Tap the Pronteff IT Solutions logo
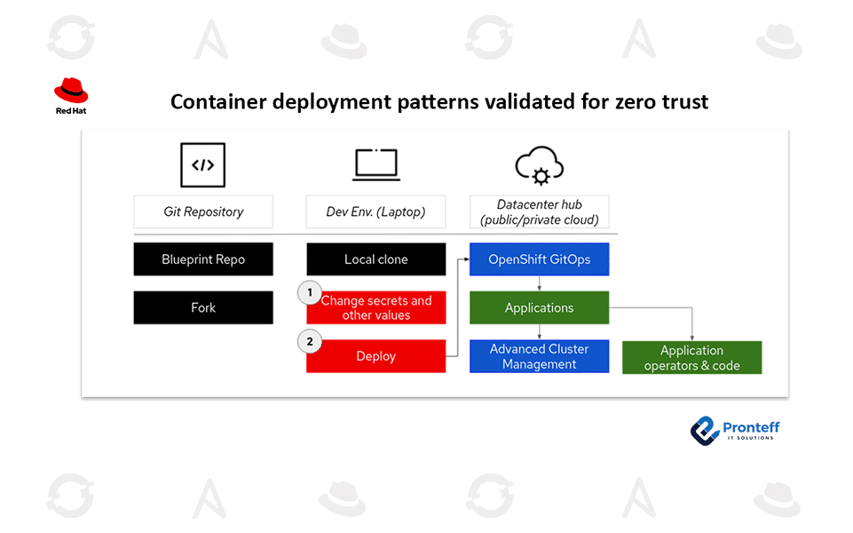tap(735, 431)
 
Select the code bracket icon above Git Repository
tap(203, 165)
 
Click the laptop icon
tap(375, 164)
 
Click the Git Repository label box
tap(203, 211)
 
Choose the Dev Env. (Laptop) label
tap(375, 211)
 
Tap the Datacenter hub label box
tap(539, 211)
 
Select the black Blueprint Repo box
tap(203, 259)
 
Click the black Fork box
tap(203, 307)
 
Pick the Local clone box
tap(375, 259)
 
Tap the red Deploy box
tap(375, 356)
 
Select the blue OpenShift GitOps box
tap(539, 259)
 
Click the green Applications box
tap(539, 307)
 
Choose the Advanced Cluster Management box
tap(539, 356)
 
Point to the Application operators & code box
tap(691, 357)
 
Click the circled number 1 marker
tap(310, 292)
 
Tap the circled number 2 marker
tap(310, 341)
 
